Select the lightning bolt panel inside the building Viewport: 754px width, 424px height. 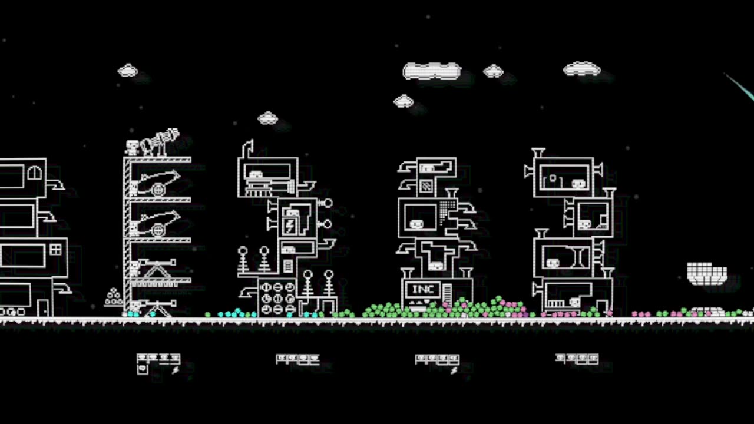coord(289,225)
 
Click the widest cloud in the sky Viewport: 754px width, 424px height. coord(432,71)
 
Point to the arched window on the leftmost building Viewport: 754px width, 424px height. coord(35,173)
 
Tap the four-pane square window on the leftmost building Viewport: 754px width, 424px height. coord(55,250)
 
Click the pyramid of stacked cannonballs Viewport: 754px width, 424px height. coord(113,297)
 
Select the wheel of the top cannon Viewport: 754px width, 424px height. coord(158,189)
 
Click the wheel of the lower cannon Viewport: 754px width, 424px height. coord(158,230)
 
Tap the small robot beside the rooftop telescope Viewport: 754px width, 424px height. coord(133,147)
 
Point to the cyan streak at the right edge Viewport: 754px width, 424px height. coord(741,87)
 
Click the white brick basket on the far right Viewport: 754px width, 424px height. coord(707,274)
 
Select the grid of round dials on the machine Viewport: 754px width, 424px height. coord(277,298)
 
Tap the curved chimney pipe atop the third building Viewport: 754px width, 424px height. coord(247,148)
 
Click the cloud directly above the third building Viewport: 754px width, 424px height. coord(268,118)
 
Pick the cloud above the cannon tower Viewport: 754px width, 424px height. coord(128,71)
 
